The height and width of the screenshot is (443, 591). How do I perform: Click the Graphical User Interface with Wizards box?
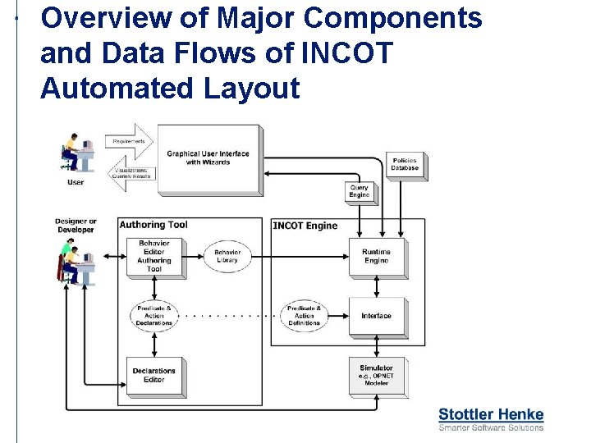tap(208, 158)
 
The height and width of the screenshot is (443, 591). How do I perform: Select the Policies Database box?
tap(405, 164)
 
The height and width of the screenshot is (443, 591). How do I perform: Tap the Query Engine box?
tap(359, 191)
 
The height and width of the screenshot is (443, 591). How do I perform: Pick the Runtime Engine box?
tap(376, 256)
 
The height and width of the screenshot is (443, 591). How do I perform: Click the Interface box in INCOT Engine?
tap(376, 316)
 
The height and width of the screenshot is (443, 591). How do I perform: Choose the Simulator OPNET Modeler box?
tap(376, 376)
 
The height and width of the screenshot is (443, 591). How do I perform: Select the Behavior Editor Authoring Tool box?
tap(153, 256)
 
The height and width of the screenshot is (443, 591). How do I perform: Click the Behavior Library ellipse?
tap(227, 256)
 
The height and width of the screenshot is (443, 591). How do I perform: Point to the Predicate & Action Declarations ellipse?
tap(153, 316)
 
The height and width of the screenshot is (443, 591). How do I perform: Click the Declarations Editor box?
tap(153, 376)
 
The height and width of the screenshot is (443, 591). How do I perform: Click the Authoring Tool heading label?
tap(153, 225)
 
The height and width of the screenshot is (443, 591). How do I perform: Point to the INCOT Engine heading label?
tap(305, 226)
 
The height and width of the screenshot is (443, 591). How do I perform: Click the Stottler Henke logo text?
tap(491, 414)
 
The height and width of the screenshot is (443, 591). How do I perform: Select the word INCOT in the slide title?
tap(346, 53)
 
